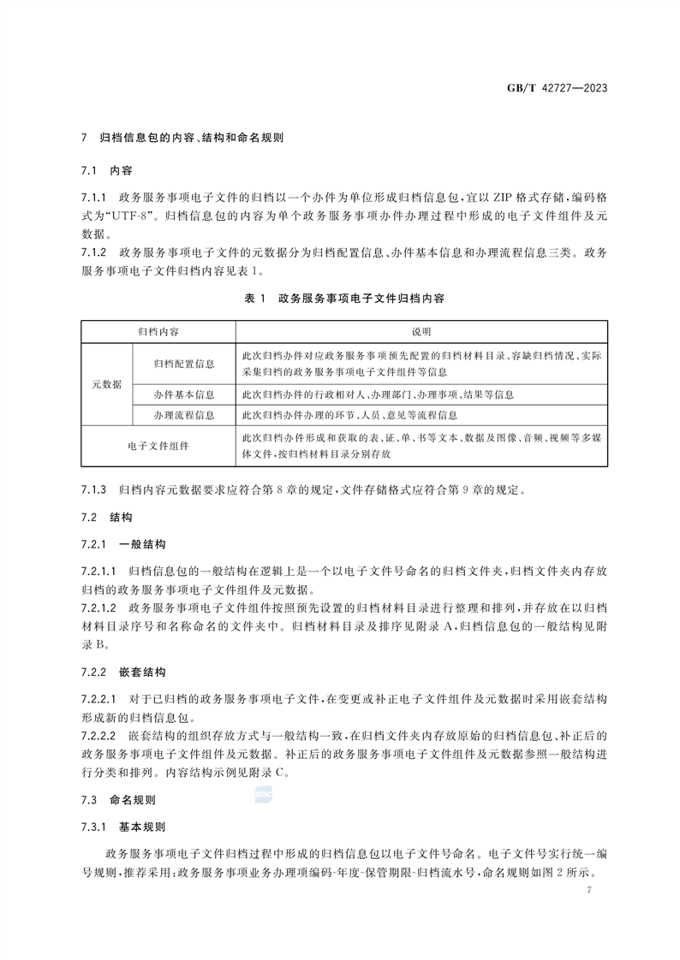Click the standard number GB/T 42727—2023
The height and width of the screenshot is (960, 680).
[558, 89]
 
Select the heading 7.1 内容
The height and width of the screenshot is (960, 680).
[108, 169]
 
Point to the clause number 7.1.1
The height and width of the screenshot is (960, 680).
[93, 197]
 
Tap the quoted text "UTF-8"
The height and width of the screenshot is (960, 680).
[130, 214]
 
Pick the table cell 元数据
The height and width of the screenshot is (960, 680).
[107, 384]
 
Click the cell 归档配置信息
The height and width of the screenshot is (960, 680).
[184, 364]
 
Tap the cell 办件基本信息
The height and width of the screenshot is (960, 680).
[184, 394]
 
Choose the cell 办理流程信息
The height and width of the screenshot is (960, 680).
[184, 415]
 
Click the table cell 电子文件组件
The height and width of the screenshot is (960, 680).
[159, 446]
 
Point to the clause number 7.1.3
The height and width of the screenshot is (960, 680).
[93, 491]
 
